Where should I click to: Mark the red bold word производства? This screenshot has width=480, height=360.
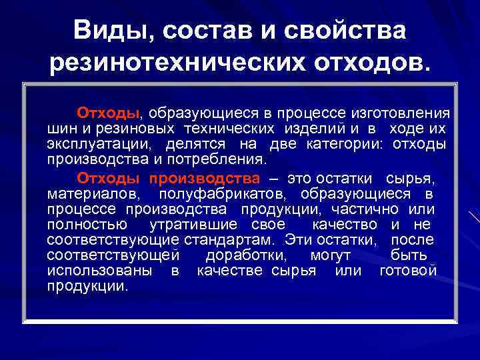pyautogui.click(x=204, y=178)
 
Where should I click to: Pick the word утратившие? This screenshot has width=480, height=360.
pyautogui.click(x=194, y=225)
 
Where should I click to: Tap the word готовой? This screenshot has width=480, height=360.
pyautogui.click(x=408, y=271)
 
